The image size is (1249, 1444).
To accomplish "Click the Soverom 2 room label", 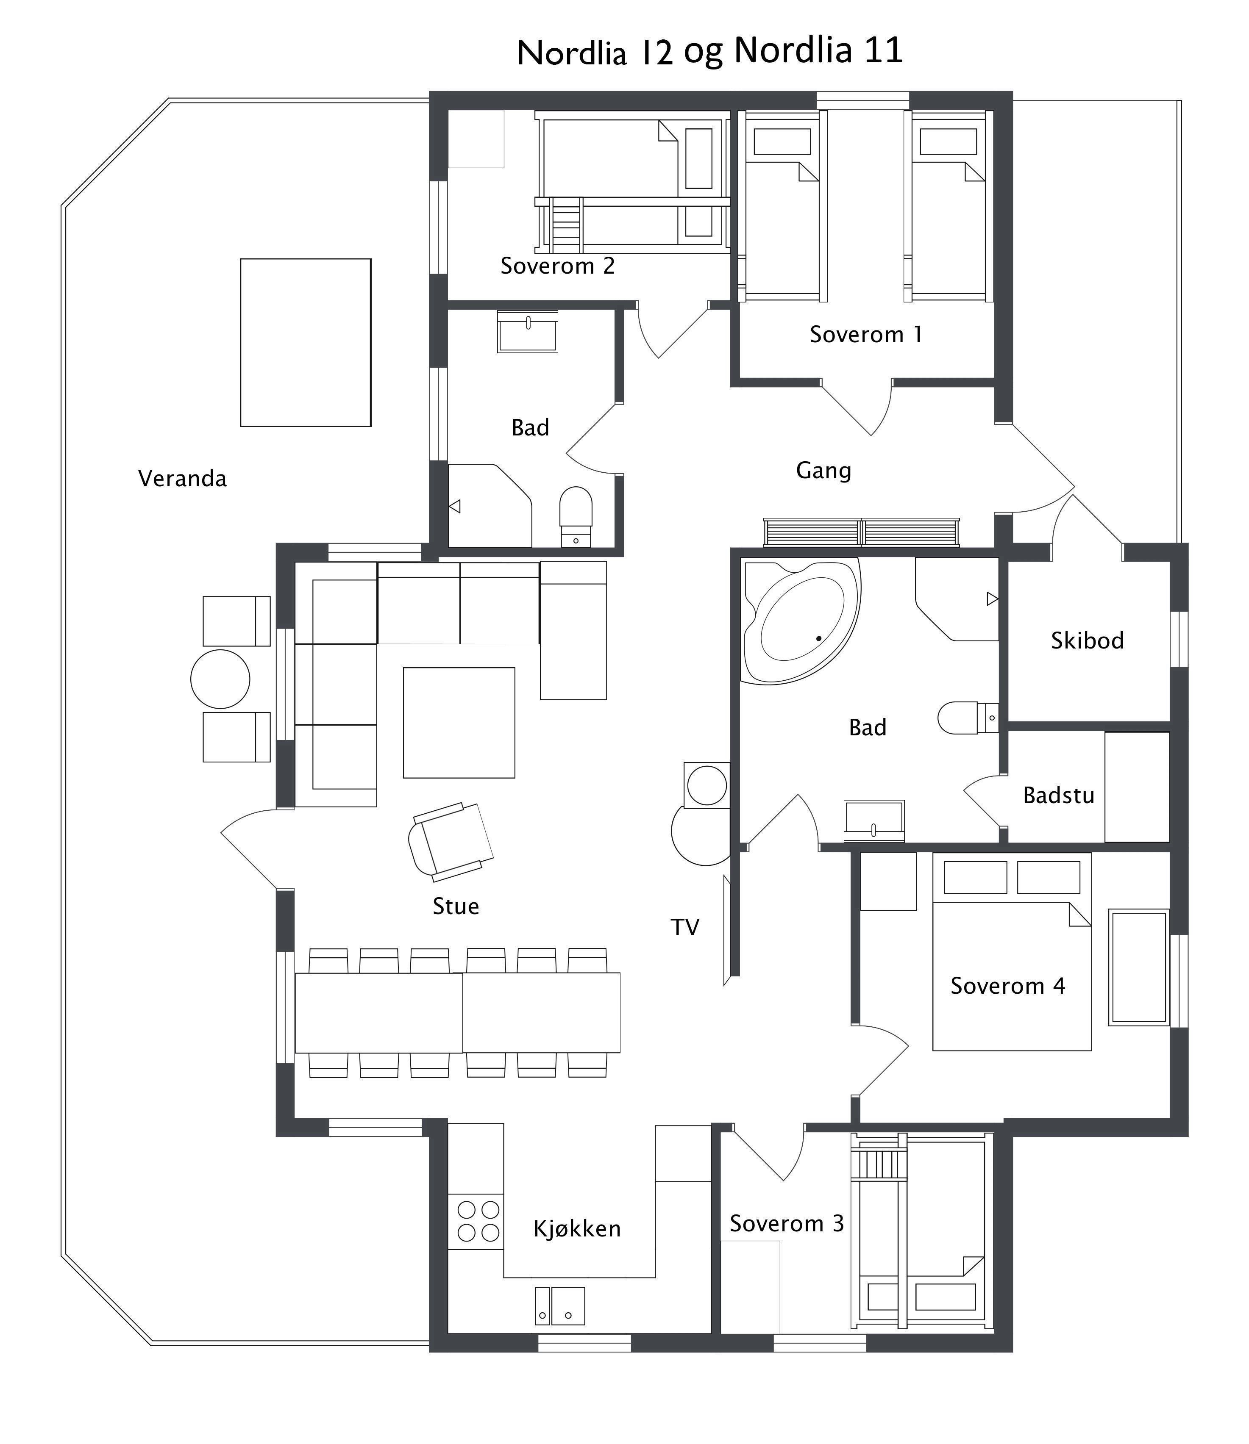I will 557,266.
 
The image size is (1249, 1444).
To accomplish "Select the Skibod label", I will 1087,640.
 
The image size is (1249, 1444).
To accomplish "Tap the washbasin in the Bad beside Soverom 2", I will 528,332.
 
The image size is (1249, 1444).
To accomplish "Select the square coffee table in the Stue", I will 459,722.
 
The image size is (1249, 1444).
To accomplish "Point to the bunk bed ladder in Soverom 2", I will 565,225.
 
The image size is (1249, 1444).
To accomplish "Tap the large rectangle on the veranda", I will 306,342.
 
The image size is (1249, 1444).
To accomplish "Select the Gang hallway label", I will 823,471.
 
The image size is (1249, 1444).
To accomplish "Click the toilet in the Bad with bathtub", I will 965,718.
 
